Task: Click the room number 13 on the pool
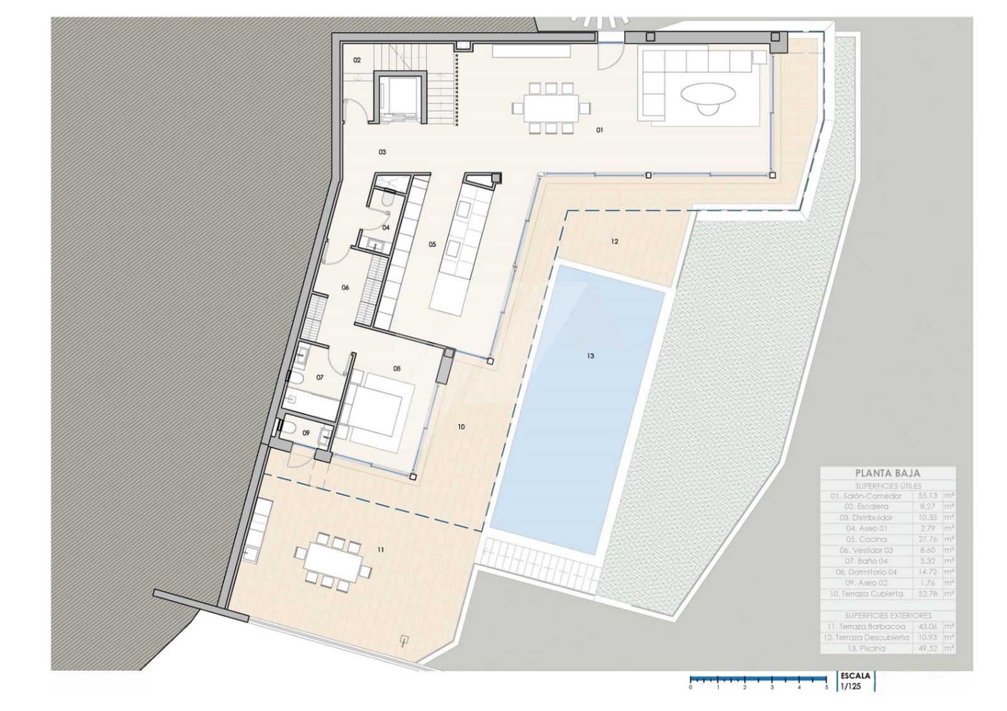pos(590,356)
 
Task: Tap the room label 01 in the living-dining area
pos(600,130)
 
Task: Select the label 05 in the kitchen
pos(432,245)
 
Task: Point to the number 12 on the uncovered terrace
pos(615,242)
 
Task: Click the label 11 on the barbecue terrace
pos(381,550)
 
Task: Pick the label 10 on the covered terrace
pos(461,427)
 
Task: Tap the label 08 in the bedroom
pos(397,369)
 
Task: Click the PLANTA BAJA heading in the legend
pos(887,473)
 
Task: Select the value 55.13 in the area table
pos(927,496)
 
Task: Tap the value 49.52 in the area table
pos(927,648)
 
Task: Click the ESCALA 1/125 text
pos(855,681)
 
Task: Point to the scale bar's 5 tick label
pos(826,688)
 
